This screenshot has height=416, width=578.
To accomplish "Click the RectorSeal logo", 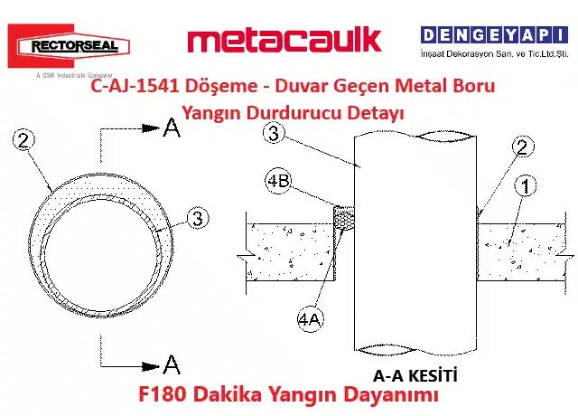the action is (69, 46).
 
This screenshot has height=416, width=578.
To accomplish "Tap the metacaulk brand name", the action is (284, 41).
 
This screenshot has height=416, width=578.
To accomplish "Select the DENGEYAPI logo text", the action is (494, 35).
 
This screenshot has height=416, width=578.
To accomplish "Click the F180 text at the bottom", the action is (163, 394).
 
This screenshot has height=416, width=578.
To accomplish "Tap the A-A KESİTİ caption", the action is (415, 376).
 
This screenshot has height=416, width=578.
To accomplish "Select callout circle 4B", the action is (278, 181).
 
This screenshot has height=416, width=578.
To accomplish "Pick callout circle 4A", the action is (310, 319).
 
